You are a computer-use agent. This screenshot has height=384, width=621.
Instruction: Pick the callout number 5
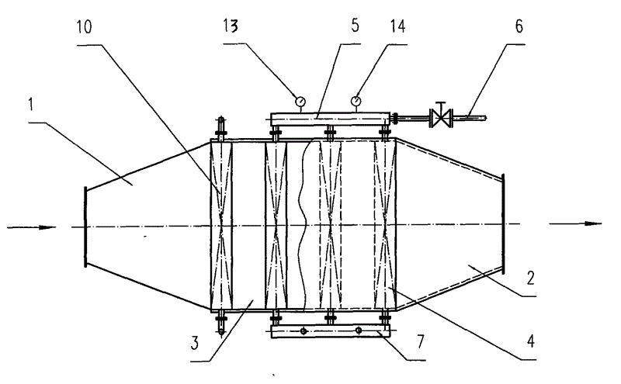354,25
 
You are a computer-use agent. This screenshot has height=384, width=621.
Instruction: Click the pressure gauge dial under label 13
300,99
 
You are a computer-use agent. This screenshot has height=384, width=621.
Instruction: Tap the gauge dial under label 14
356,99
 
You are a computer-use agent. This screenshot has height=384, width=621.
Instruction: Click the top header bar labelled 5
330,118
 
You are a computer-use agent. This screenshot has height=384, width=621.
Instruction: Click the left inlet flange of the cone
83,227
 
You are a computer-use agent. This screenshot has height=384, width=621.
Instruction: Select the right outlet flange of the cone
504,223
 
